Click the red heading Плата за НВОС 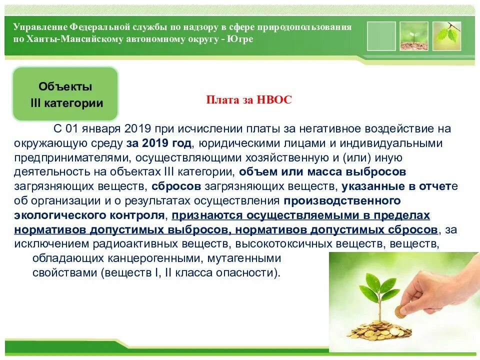249,99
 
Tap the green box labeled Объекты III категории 65,95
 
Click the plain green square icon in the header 381,35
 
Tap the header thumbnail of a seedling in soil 413,35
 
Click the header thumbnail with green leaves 446,35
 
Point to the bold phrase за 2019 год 159,143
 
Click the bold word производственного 342,201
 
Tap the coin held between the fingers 401,311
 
